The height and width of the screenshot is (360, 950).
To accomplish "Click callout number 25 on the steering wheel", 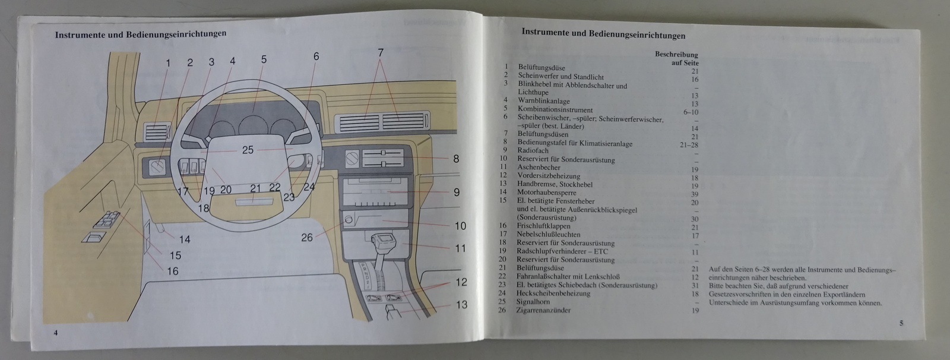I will [248, 150].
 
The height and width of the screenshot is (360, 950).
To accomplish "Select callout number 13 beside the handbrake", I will [461, 305].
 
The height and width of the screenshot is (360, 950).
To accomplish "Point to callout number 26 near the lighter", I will [306, 238].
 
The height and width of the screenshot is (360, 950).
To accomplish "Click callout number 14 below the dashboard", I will [185, 239].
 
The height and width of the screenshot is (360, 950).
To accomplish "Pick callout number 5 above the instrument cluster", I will [264, 59].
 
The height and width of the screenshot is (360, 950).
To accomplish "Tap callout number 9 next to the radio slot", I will [457, 192].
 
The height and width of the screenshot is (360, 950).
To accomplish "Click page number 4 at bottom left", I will [55, 333].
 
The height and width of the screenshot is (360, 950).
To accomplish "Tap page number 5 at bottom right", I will [901, 323].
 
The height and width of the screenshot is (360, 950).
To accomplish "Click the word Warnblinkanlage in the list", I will [544, 101].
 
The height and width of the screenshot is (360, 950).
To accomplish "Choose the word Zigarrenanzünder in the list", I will [543, 310].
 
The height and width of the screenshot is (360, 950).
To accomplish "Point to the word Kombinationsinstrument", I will [555, 109].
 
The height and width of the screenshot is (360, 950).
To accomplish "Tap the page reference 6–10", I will [691, 112].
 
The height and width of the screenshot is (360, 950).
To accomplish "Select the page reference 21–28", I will [689, 144].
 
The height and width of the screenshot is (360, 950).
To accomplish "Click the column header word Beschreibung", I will [676, 54].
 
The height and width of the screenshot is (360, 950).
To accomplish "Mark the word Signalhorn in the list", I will [533, 302].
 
